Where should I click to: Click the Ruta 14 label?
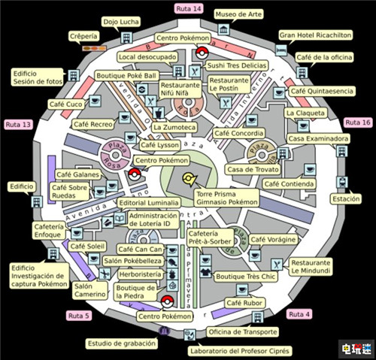click(188, 8)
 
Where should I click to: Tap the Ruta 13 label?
click(18, 124)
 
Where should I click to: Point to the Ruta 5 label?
click(78, 316)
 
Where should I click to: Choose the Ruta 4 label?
click(299, 313)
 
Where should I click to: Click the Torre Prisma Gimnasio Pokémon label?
click(226, 197)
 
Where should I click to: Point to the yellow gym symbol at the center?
click(190, 179)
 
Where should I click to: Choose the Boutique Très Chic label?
click(246, 277)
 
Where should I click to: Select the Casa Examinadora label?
click(318, 139)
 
